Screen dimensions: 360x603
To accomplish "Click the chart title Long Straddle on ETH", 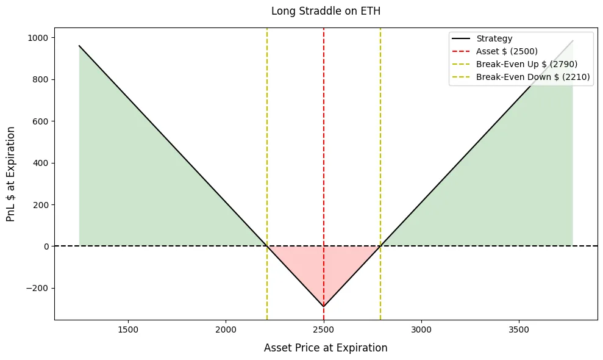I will (326, 11).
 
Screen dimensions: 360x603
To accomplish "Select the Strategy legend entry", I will (494, 39).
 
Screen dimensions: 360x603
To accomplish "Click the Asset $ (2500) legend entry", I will (507, 51).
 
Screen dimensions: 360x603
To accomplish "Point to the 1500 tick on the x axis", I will (128, 329).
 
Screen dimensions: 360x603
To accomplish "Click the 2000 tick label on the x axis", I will (226, 329).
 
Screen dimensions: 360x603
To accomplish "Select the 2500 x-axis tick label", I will (324, 329).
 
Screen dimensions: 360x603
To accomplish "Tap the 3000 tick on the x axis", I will (421, 329).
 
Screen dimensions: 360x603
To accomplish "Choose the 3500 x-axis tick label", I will (519, 329).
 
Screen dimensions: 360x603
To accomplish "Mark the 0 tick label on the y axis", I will (46, 247).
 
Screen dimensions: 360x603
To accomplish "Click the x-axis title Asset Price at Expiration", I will (326, 348).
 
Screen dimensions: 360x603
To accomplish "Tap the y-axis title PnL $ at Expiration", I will (11, 174).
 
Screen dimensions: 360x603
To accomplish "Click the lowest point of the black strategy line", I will (324, 306).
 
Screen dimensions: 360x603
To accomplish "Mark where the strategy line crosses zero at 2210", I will (267, 246).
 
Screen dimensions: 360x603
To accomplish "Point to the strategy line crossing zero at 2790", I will (380, 246).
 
